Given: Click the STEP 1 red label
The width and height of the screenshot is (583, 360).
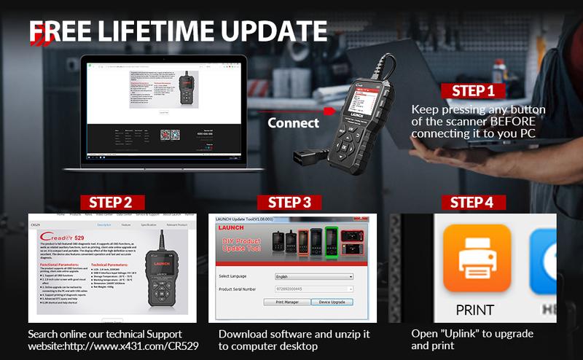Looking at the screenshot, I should (x=473, y=91).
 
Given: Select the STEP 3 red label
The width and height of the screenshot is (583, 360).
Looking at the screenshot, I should (x=289, y=202).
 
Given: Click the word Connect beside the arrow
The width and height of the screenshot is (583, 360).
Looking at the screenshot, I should (x=294, y=122).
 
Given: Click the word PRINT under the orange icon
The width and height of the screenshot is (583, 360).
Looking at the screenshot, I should (x=474, y=310).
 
